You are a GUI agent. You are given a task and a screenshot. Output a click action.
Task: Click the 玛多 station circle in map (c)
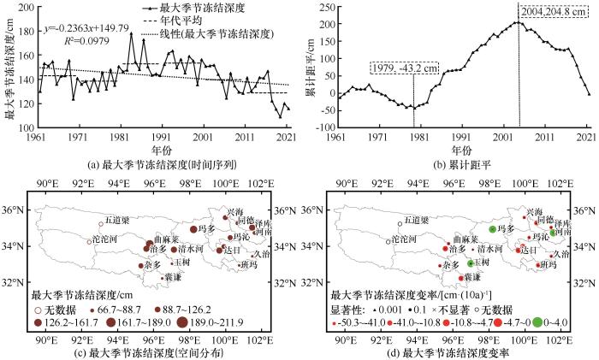click(193, 228)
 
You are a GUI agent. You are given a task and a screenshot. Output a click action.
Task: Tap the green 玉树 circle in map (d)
click(471, 263)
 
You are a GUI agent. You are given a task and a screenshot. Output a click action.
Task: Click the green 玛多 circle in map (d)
click(492, 229)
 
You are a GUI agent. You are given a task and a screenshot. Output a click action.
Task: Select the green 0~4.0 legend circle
click(537, 322)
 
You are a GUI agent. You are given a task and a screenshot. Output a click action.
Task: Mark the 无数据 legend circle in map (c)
click(36, 309)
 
